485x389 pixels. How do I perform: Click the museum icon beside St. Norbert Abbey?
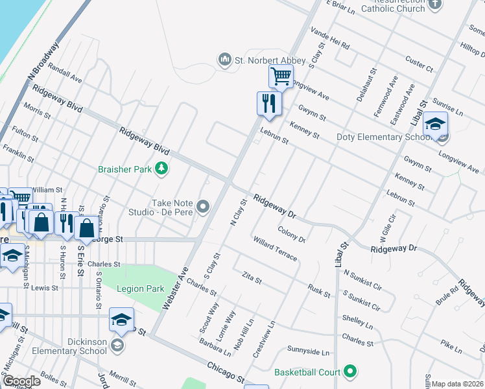click(x=225, y=60)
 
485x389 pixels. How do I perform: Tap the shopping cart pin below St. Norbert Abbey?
click(x=281, y=77)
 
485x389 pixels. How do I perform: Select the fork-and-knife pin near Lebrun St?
click(x=268, y=103)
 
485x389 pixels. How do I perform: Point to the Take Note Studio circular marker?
click(x=204, y=207)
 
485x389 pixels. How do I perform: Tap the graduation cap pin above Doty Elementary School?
click(x=436, y=123)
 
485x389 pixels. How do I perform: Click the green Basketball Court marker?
click(x=351, y=372)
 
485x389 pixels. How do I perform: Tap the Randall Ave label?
click(x=65, y=73)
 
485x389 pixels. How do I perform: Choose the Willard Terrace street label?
click(x=276, y=249)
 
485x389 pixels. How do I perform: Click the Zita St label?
click(x=251, y=279)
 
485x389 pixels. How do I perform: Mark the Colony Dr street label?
click(x=291, y=234)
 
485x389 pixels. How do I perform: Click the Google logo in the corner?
click(x=21, y=381)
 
